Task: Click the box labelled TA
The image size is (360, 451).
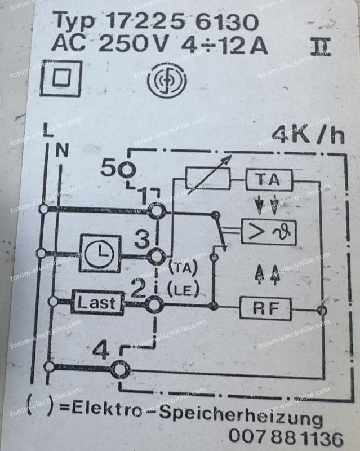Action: (269, 180)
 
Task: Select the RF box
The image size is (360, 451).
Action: (265, 308)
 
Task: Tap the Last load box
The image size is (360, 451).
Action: (97, 303)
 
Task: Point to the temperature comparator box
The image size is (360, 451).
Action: (268, 231)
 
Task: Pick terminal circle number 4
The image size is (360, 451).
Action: (119, 370)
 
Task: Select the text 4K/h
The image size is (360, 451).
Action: (307, 135)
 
